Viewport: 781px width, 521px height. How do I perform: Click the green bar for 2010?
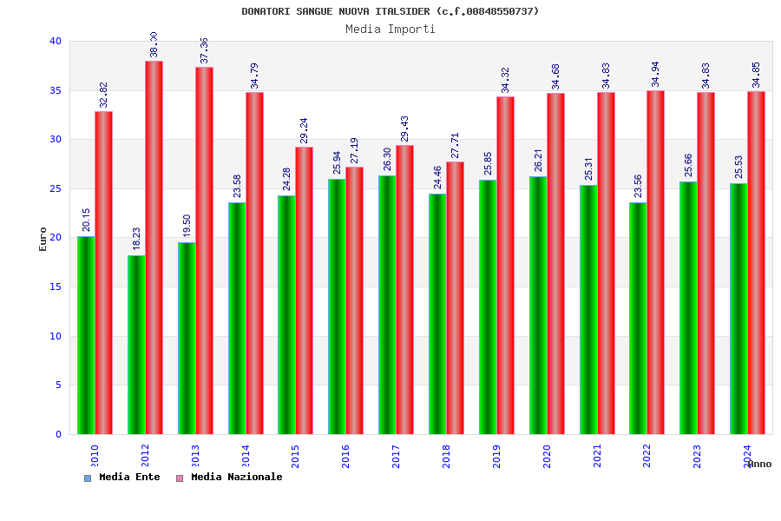(86, 335)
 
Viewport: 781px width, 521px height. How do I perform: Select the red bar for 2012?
(154, 247)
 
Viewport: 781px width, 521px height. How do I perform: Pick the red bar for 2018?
(455, 298)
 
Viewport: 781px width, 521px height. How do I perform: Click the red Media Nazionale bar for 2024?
(756, 262)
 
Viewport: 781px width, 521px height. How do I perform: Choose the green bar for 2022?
(638, 318)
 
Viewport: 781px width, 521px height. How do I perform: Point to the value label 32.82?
(104, 95)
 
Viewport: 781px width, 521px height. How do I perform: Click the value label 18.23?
(136, 239)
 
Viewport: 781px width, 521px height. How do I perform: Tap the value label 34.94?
(656, 74)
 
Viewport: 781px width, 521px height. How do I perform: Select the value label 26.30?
(388, 159)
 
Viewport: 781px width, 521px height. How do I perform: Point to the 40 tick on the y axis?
(56, 41)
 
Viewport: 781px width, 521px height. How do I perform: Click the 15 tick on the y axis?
(56, 287)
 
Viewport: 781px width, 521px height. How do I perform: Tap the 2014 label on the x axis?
(246, 456)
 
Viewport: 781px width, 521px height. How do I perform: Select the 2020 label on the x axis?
(547, 456)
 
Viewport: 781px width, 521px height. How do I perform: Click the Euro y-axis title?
(43, 239)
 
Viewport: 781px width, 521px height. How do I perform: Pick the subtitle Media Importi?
(390, 29)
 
